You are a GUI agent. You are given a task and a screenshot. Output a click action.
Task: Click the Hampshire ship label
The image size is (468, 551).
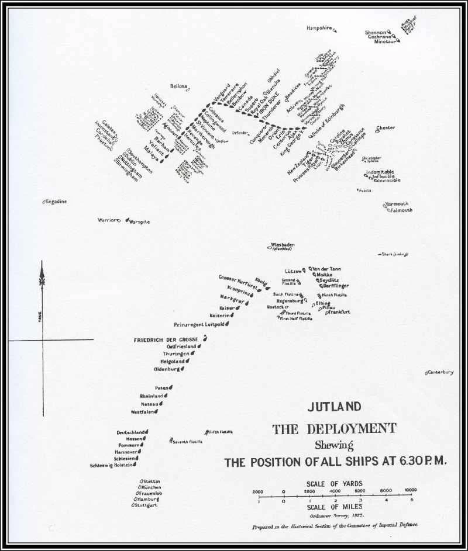coord(319,28)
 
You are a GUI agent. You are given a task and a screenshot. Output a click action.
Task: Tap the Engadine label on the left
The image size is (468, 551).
coord(57,202)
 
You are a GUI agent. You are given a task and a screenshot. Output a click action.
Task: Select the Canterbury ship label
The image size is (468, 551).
coord(441,372)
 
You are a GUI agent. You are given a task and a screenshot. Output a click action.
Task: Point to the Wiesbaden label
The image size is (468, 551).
coord(282,245)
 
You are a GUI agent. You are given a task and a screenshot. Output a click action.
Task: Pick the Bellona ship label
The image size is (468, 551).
coord(178,86)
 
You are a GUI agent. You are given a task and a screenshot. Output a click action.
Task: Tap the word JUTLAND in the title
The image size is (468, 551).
coord(335,407)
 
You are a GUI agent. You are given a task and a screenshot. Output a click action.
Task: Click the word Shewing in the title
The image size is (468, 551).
coord(335,445)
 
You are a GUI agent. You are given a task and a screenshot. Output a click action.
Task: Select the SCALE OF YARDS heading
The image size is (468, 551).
coord(334,483)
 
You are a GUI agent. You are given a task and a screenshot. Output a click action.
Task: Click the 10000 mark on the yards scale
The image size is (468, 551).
coord(410,490)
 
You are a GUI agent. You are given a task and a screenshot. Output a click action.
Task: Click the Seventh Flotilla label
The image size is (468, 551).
coord(188,442)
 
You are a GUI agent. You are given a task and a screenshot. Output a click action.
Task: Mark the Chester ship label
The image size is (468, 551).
coord(386,127)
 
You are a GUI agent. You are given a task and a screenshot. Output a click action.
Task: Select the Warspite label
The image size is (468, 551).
coord(140,221)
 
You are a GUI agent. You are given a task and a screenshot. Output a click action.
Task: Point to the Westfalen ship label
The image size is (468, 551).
coord(142,412)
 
